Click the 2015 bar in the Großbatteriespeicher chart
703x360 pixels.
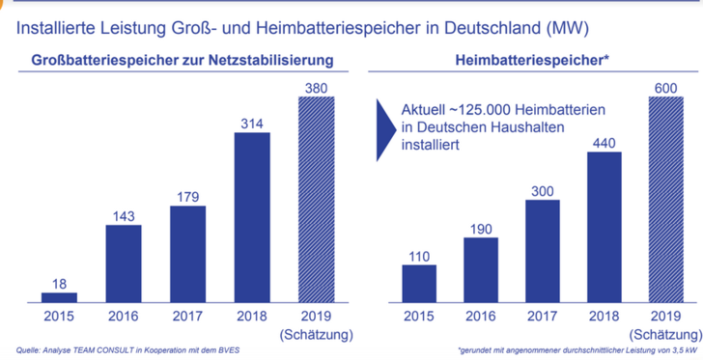pyautogui.click(x=59, y=297)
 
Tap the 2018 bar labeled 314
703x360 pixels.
pyautogui.click(x=251, y=217)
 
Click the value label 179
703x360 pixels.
pyautogui.click(x=187, y=197)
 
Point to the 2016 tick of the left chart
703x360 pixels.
pyautogui.click(x=124, y=317)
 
